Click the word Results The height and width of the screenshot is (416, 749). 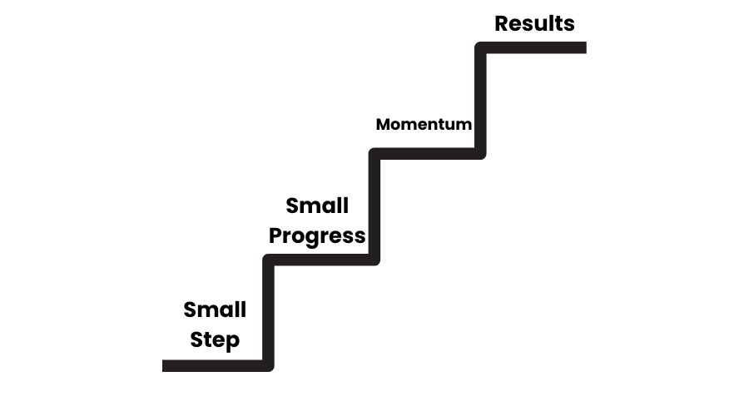point(534,23)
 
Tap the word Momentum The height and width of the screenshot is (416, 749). point(424,125)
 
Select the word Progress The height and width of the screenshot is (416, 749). point(317,235)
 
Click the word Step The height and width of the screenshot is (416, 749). point(215,339)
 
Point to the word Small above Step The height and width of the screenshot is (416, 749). point(215,310)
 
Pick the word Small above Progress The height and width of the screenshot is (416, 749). point(317,206)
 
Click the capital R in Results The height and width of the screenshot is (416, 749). point(502,23)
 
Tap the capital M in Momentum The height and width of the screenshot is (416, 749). point(384,125)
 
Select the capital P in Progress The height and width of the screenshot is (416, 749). point(275,235)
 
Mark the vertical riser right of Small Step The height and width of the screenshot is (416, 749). point(268,312)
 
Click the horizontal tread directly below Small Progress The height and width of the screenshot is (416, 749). point(321,260)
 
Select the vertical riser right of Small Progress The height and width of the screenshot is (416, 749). point(374,206)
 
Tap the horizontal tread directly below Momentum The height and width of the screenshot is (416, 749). point(427,154)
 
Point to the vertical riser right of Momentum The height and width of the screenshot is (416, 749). point(480,100)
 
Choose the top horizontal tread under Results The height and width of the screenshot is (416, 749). point(533,47)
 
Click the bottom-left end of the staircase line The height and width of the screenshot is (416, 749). point(166,365)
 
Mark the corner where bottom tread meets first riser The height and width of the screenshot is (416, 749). point(268,365)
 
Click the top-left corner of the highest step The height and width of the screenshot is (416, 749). point(480,47)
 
